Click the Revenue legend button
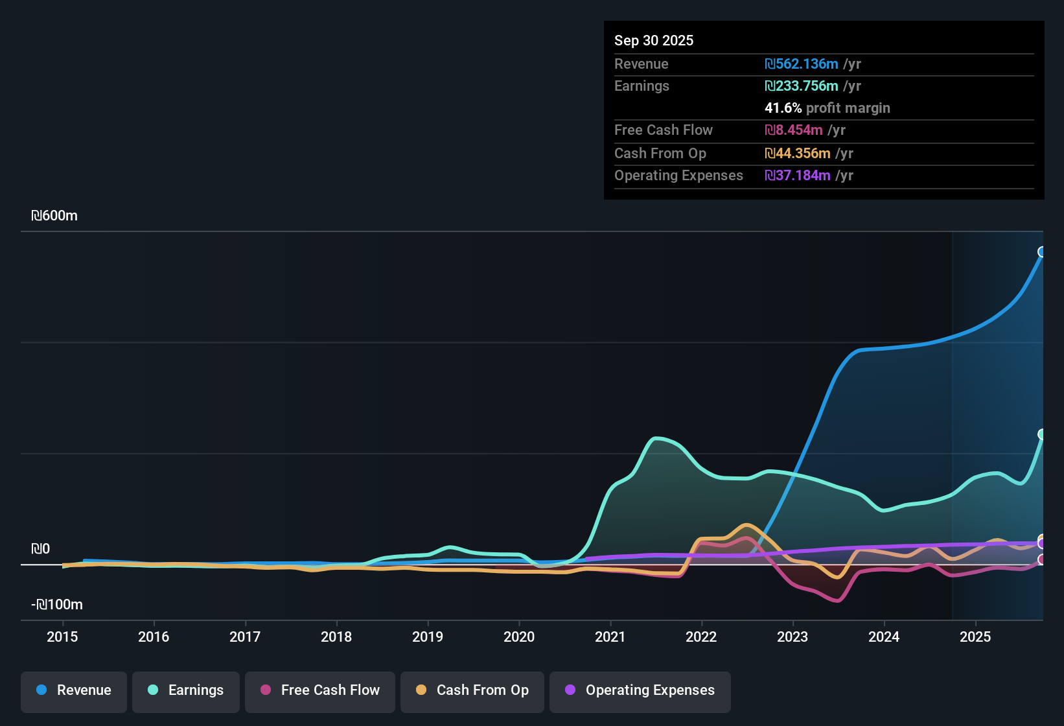(74, 690)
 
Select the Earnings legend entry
(186, 690)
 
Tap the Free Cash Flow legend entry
(320, 690)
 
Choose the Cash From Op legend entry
(472, 690)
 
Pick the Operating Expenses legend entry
(640, 690)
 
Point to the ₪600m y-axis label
(54, 216)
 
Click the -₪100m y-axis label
(57, 605)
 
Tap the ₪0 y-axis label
(40, 549)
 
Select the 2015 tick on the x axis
(62, 637)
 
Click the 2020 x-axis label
(519, 637)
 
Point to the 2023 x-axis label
(792, 637)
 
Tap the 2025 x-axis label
(975, 637)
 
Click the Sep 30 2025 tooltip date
(654, 40)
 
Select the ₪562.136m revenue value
(802, 64)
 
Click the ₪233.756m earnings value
(802, 86)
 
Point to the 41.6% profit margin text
(827, 108)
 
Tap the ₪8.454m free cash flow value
(794, 130)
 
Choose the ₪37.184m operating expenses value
(798, 176)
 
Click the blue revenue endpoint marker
(1042, 252)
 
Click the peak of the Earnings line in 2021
(657, 439)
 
